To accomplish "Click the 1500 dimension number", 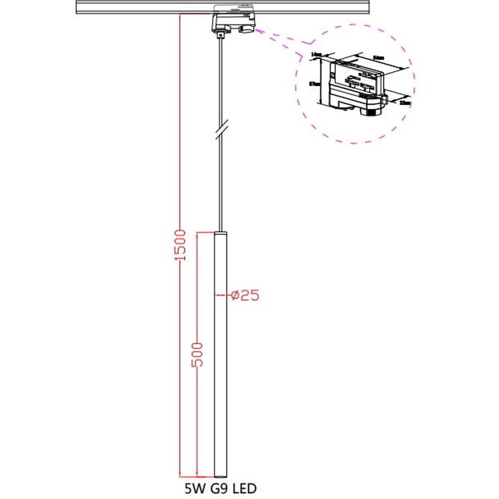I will click(x=179, y=245).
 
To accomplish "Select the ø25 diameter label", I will click(x=245, y=295).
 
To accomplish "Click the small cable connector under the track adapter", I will click(x=220, y=35).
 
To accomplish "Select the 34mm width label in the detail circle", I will click(x=378, y=58).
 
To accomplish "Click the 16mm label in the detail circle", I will click(x=316, y=54).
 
